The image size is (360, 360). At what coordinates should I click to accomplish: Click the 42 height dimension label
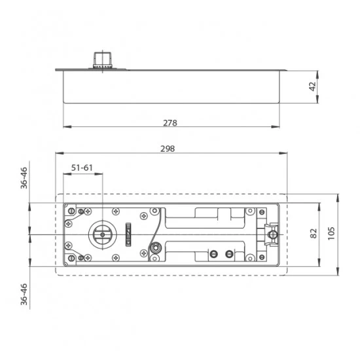[x=312, y=86]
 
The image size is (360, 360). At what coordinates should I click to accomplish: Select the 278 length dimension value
[x=170, y=123]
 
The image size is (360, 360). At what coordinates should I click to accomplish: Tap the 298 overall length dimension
[x=168, y=149]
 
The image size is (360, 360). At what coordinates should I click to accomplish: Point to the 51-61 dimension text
[x=82, y=168]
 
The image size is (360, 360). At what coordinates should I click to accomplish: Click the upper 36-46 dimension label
[x=24, y=178]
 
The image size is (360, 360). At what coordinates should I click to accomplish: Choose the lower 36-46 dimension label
[x=24, y=295]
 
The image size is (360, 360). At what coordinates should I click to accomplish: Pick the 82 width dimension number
[x=314, y=234]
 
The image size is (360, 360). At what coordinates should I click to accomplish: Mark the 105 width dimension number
[x=331, y=234]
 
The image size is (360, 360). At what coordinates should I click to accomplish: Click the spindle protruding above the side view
[x=103, y=60]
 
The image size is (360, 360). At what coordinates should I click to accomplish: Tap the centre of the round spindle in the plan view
[x=102, y=234]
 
